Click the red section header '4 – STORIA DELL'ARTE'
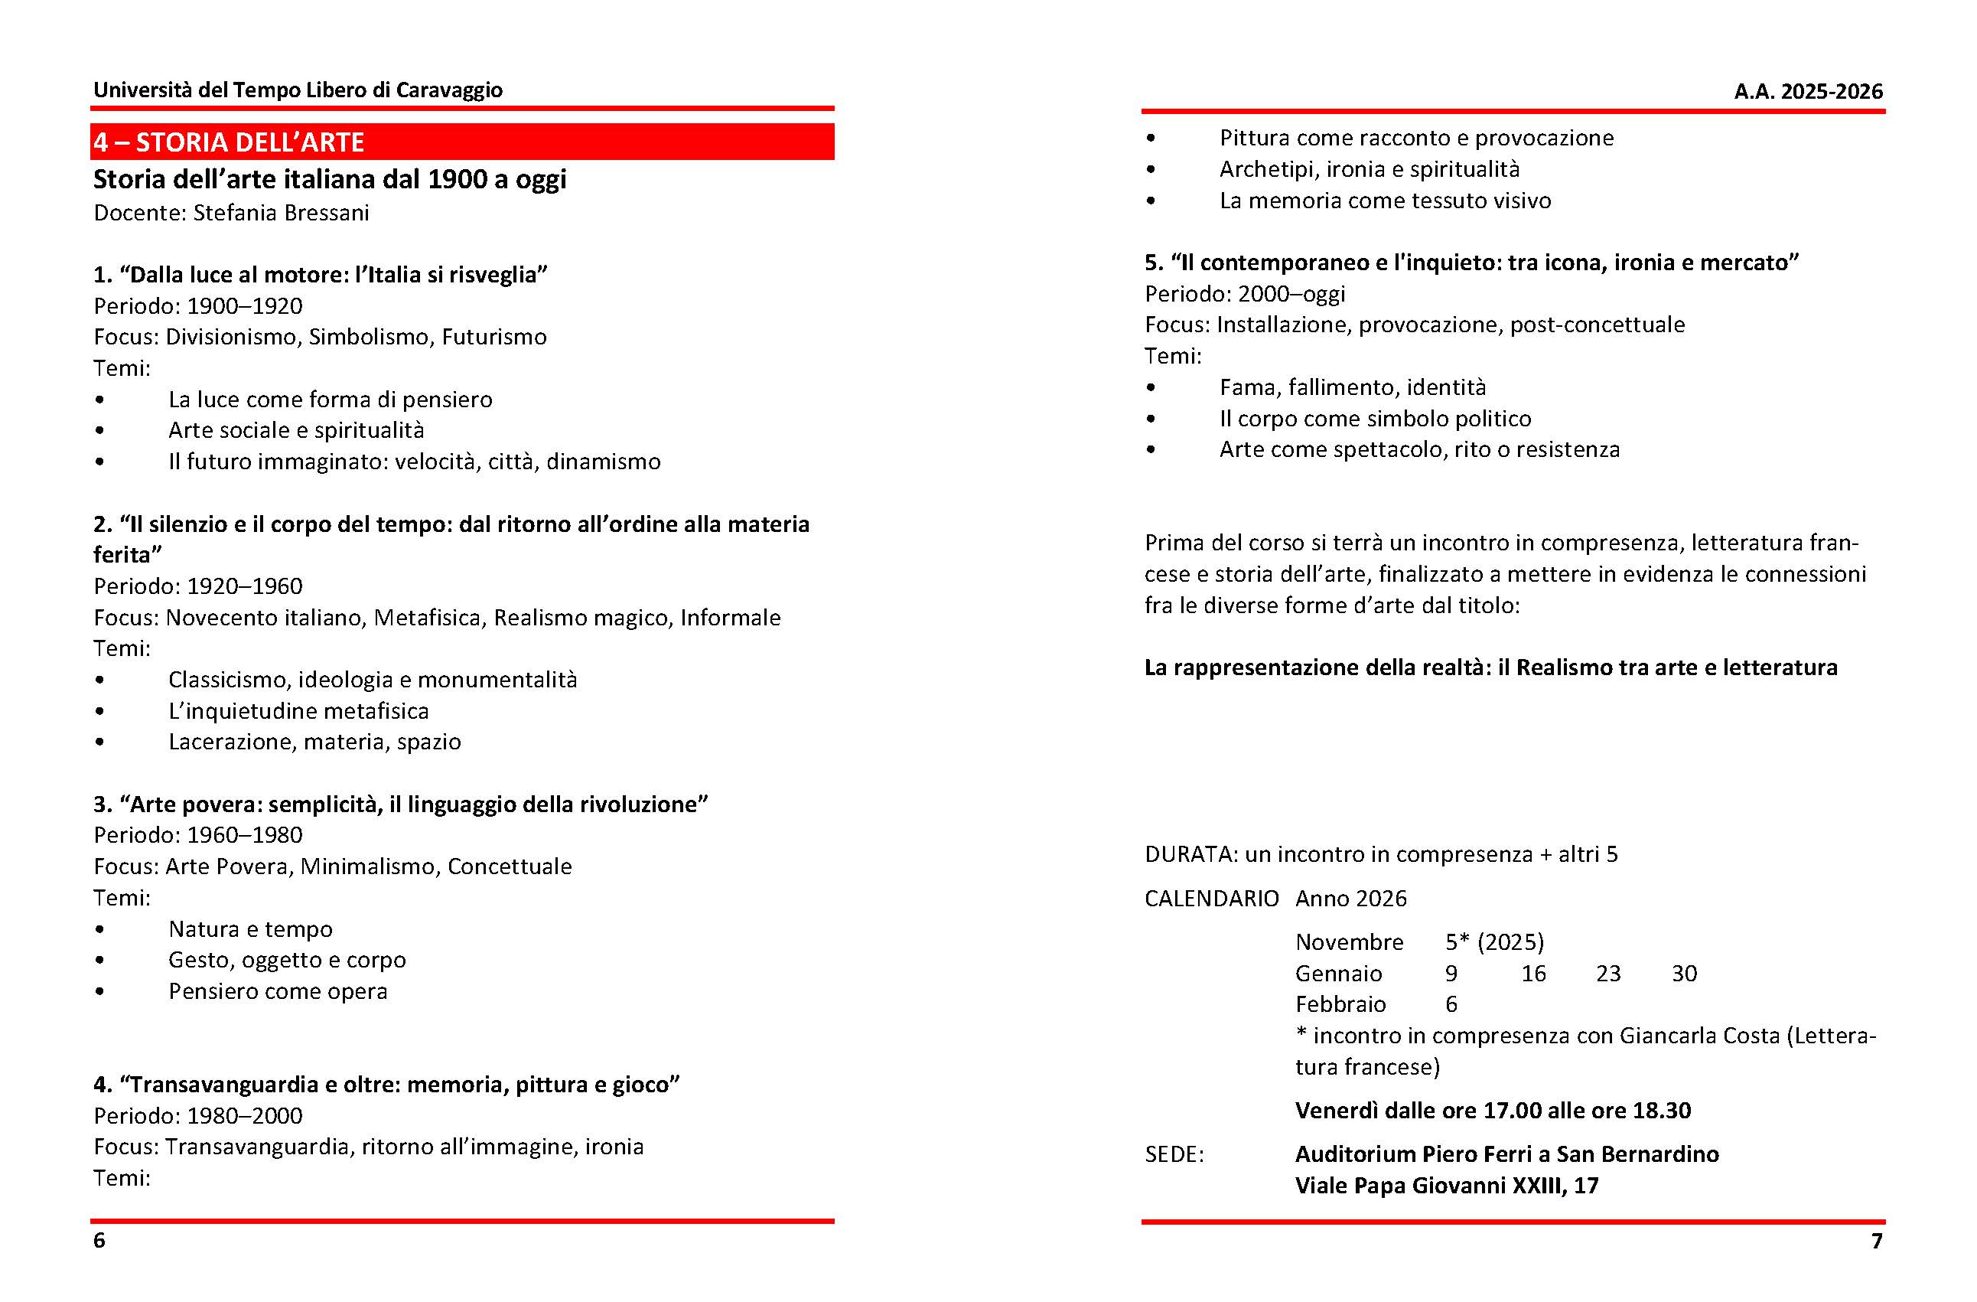tap(230, 142)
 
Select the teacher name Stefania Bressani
tap(281, 214)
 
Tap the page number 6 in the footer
tap(99, 1241)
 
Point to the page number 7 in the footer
tap(1877, 1242)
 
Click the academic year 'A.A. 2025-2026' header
tap(1808, 91)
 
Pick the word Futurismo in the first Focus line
tap(494, 338)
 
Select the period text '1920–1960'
tap(244, 586)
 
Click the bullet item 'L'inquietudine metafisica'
tap(298, 711)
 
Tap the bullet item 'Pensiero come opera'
tap(278, 991)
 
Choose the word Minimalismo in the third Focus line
tap(368, 866)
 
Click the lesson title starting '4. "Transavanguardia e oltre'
tap(386, 1085)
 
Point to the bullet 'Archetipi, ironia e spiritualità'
tap(1369, 169)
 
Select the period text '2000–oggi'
tap(1291, 294)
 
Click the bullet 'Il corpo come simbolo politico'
tap(1375, 419)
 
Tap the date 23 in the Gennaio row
tap(1608, 974)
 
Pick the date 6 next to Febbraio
tap(1451, 1004)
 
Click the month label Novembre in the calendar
tap(1349, 942)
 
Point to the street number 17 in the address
tap(1586, 1186)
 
